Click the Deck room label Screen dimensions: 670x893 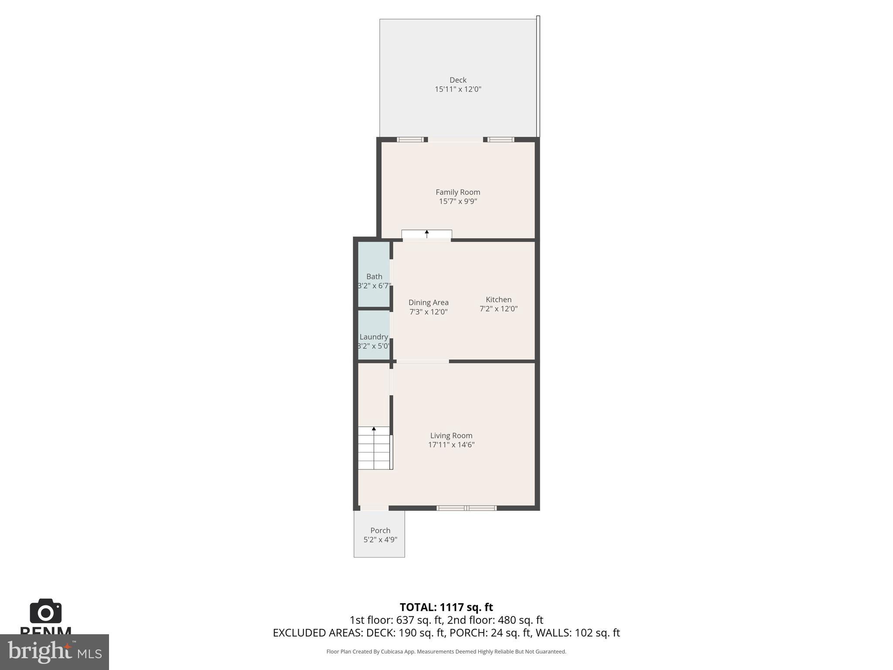coord(458,80)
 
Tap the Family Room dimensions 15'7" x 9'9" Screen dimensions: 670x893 coord(458,201)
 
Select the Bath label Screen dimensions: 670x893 coord(374,277)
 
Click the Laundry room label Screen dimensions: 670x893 coord(374,337)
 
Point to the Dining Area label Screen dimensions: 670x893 coord(428,302)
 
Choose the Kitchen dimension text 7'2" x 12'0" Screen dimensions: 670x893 coord(498,309)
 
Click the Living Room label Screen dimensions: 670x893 coord(451,435)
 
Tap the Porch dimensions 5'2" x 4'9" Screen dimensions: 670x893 coord(380,540)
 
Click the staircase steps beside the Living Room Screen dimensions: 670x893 coord(374,449)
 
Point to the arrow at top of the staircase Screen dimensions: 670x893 coord(374,429)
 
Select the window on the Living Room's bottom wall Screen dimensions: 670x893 coord(467,508)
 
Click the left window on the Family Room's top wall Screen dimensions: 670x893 coord(410,140)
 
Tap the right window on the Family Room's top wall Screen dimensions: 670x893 coord(501,140)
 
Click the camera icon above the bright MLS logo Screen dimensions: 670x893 coord(45,611)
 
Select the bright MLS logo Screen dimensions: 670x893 coord(54,652)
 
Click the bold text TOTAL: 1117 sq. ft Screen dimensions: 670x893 coord(446,607)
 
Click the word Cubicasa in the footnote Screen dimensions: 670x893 coord(391,652)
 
